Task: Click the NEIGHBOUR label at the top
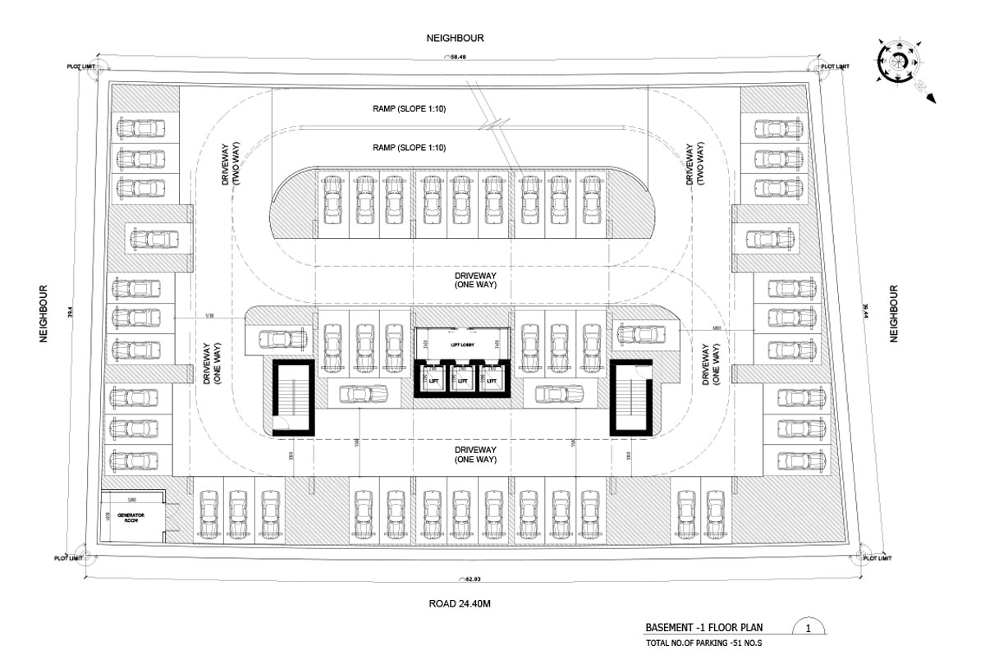(x=455, y=38)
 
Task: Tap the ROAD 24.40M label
(x=460, y=603)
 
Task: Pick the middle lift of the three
(x=461, y=381)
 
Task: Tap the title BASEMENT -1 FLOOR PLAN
(x=704, y=628)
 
